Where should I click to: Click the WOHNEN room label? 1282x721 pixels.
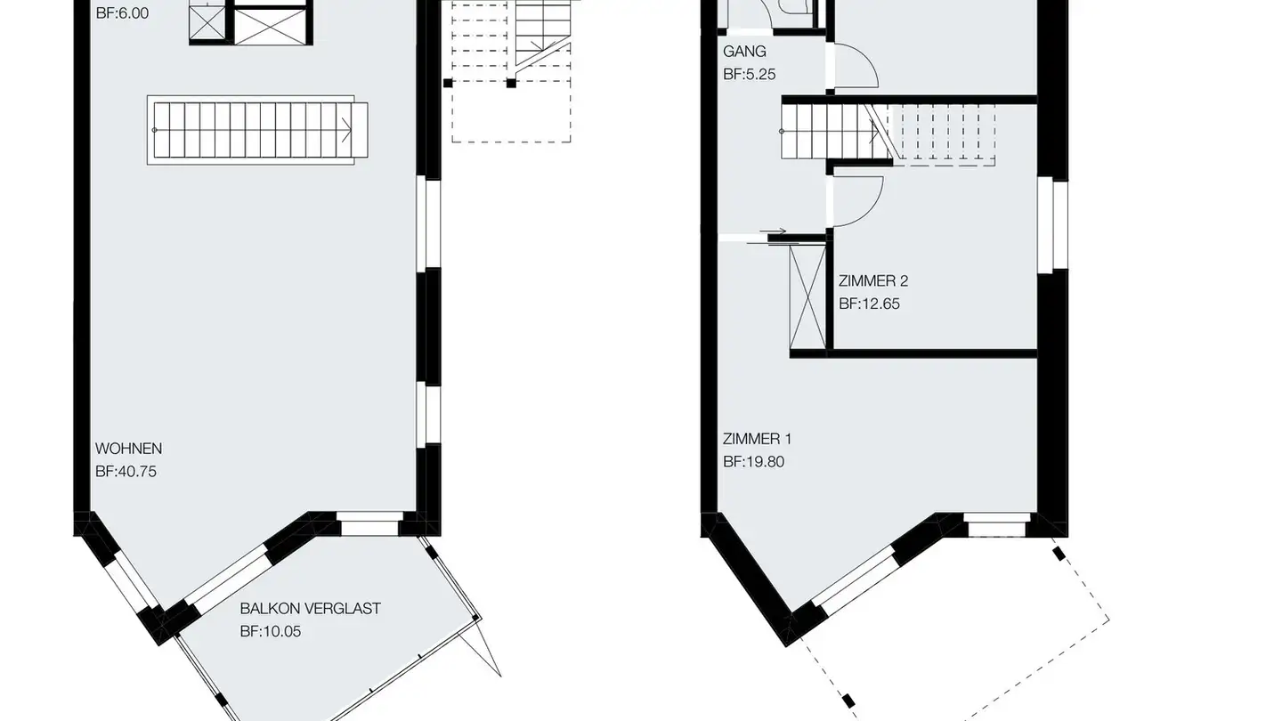129,449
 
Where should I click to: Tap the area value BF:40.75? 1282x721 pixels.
126,472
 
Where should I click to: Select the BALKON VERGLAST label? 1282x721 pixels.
310,609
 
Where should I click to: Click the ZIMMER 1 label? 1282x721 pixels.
757,439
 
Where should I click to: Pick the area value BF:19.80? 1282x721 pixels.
753,462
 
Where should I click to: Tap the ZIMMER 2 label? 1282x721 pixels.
873,281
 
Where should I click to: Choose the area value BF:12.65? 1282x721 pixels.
869,304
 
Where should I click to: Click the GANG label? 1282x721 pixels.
744,52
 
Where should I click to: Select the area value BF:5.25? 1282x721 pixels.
749,75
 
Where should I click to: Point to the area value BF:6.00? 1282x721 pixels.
121,14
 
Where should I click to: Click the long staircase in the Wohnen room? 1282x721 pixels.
257,130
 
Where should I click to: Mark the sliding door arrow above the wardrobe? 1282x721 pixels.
773,235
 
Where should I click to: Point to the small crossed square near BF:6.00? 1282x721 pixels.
207,26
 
